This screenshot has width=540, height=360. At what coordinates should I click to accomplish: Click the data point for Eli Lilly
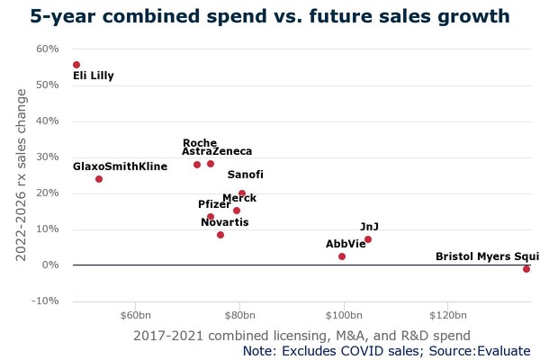coord(76,65)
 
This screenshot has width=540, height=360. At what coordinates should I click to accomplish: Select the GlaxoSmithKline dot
coord(99,179)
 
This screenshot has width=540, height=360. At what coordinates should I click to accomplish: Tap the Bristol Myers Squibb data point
coord(526,269)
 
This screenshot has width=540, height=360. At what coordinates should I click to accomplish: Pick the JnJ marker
coord(368,239)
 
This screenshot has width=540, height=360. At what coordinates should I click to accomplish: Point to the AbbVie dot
coord(342,256)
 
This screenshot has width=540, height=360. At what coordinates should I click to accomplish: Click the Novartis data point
coord(220,235)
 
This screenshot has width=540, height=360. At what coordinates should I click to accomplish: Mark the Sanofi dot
coord(242,193)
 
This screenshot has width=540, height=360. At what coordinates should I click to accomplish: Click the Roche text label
coord(200,143)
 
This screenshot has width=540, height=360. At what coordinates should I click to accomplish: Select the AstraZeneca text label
coord(217,152)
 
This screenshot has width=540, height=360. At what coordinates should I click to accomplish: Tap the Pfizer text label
coord(214,204)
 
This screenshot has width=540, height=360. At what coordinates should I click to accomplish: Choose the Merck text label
coord(239,198)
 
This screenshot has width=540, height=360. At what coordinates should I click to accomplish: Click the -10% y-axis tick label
coord(46,301)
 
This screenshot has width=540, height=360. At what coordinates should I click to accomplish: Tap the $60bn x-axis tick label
coord(134,315)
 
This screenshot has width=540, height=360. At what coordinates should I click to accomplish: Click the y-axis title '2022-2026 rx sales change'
coord(22,175)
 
